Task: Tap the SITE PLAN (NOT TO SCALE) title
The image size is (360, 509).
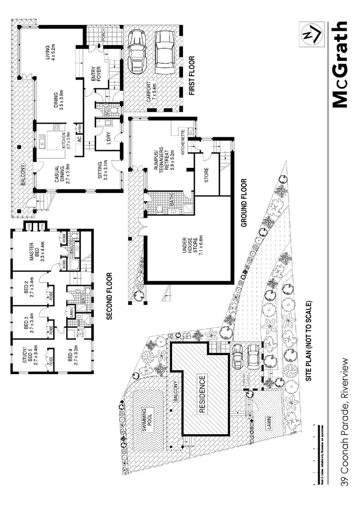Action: (311, 341)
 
